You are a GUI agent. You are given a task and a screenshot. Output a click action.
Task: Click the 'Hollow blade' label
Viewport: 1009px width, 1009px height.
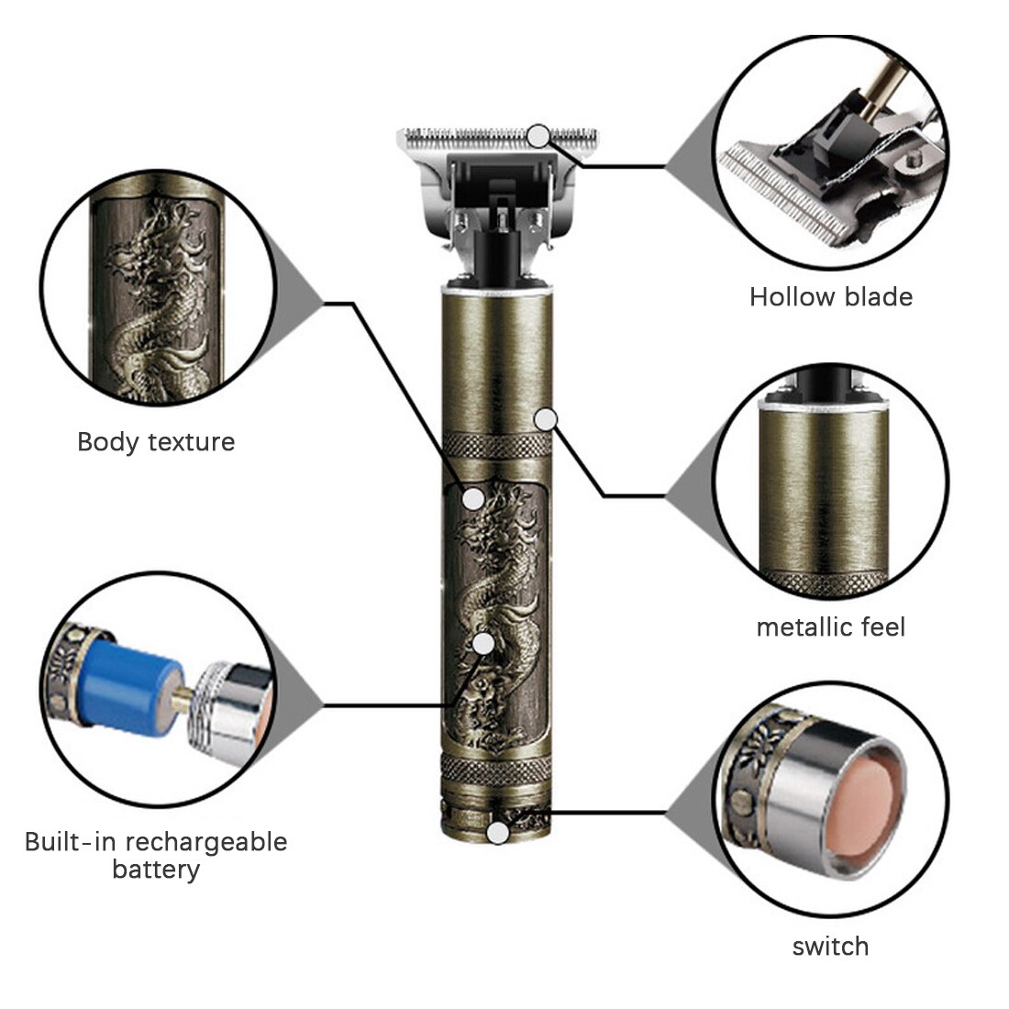[x=831, y=297]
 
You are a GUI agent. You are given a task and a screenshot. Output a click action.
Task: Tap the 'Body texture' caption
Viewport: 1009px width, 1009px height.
[x=156, y=442]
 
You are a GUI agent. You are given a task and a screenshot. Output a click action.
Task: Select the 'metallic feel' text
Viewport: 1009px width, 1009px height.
[x=831, y=627]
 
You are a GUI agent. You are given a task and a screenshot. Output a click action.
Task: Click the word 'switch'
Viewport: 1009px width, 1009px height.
[x=830, y=947]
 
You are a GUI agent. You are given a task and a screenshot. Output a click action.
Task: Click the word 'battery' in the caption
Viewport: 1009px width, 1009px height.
[x=156, y=870]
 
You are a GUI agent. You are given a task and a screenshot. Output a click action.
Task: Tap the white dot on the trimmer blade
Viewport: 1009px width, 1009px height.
[x=540, y=136]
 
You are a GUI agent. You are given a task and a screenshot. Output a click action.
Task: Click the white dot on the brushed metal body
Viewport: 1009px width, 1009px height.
[x=547, y=419]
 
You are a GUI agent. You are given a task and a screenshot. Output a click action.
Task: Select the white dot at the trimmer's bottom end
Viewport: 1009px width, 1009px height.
[x=497, y=834]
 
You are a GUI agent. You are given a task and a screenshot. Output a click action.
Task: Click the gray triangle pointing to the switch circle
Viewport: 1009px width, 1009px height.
[x=690, y=812]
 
